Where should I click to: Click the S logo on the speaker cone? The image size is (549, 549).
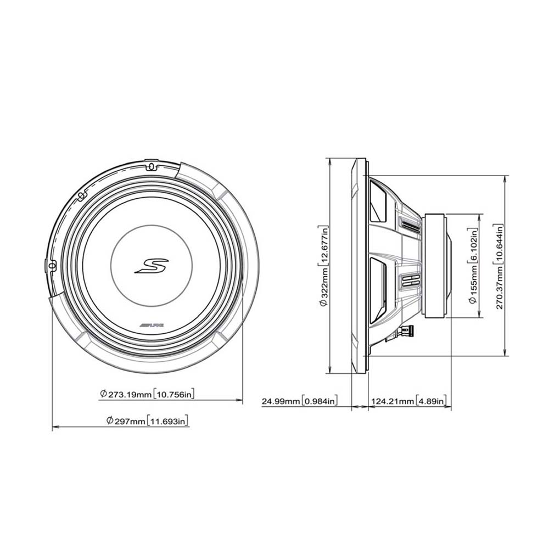152,266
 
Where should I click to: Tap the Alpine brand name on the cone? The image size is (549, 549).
152,325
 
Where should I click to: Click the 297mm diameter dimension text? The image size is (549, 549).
148,421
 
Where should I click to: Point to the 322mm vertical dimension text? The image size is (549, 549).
324,266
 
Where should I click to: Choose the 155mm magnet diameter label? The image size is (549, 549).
473,266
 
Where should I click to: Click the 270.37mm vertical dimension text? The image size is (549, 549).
499,266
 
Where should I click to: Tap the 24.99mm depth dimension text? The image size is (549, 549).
300,401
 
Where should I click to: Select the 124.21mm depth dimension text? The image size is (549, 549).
408,401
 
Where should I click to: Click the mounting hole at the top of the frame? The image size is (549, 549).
152,165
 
